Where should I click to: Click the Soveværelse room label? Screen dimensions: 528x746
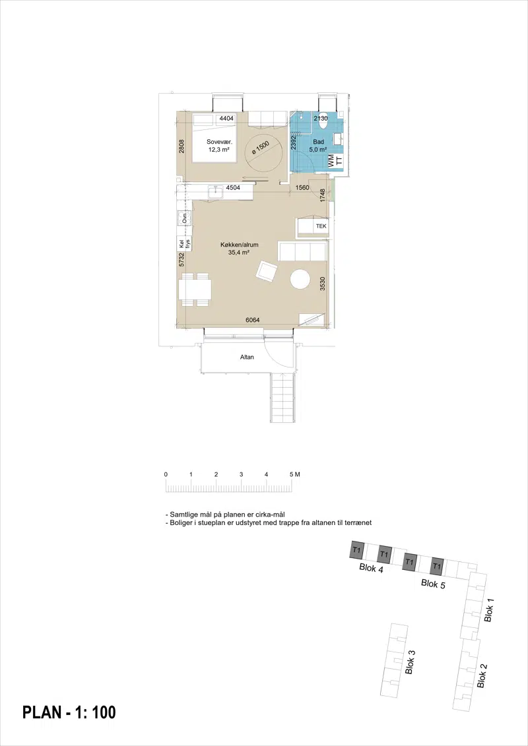coord(218,146)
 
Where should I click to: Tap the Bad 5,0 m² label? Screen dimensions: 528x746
coord(318,146)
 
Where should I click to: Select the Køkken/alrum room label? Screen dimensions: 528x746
coord(240,249)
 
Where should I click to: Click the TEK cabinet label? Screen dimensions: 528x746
coord(321,226)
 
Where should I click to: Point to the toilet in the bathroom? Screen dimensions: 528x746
coord(323,123)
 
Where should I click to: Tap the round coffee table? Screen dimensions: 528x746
coord(300,279)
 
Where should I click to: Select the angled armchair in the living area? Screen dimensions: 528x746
coord(267,271)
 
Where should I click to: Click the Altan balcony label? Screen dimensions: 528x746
coord(247,357)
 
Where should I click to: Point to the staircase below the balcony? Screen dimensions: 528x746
coord(284,397)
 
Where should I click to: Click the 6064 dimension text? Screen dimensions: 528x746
coord(252,321)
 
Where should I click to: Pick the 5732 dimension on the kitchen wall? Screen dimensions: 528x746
coord(181,260)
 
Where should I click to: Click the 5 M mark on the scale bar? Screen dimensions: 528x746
coord(294,474)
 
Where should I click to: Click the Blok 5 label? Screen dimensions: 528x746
coord(433,584)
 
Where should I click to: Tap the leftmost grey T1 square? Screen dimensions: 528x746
coord(357,550)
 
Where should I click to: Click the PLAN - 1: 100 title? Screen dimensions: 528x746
coord(69,712)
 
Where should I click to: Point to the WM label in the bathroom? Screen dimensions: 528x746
coord(331,160)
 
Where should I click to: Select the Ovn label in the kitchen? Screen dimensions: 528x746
coord(184,219)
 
